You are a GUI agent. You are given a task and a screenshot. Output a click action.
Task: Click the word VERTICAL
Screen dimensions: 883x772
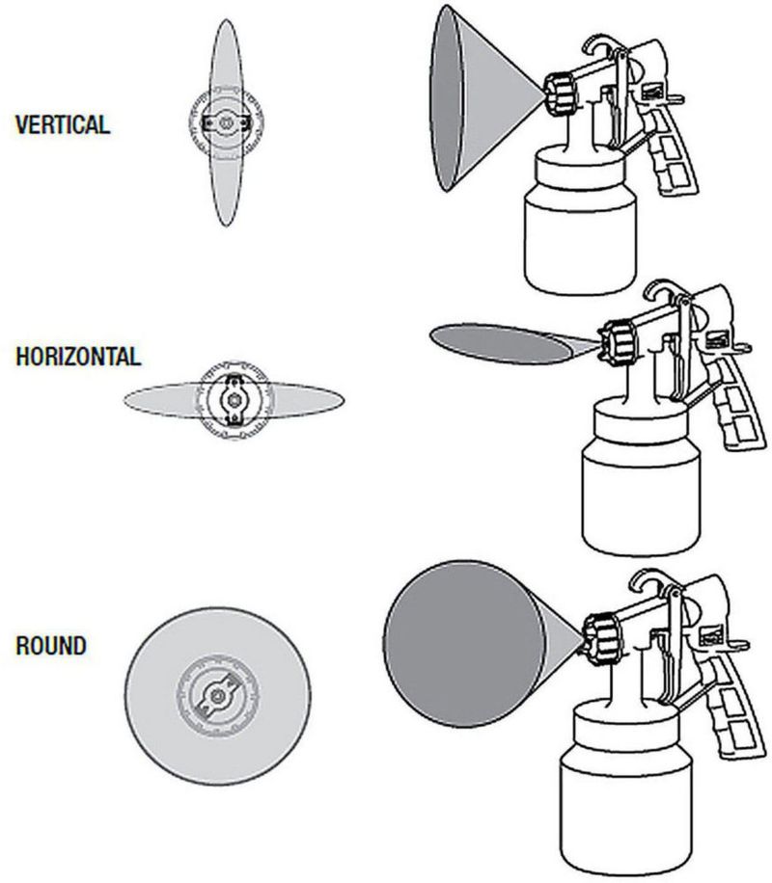[x=63, y=124]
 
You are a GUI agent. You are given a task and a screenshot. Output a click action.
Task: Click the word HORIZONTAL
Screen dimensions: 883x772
[x=78, y=357]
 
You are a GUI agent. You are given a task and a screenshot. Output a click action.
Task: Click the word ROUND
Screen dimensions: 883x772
[x=51, y=645]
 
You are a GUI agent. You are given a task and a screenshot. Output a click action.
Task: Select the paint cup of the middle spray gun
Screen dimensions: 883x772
[x=640, y=482]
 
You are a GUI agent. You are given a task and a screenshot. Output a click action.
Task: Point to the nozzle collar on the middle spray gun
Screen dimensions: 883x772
[x=615, y=338]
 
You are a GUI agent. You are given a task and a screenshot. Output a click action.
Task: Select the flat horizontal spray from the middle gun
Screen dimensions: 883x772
[x=497, y=340]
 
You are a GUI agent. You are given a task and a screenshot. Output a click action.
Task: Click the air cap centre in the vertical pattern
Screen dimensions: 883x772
[x=225, y=122]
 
